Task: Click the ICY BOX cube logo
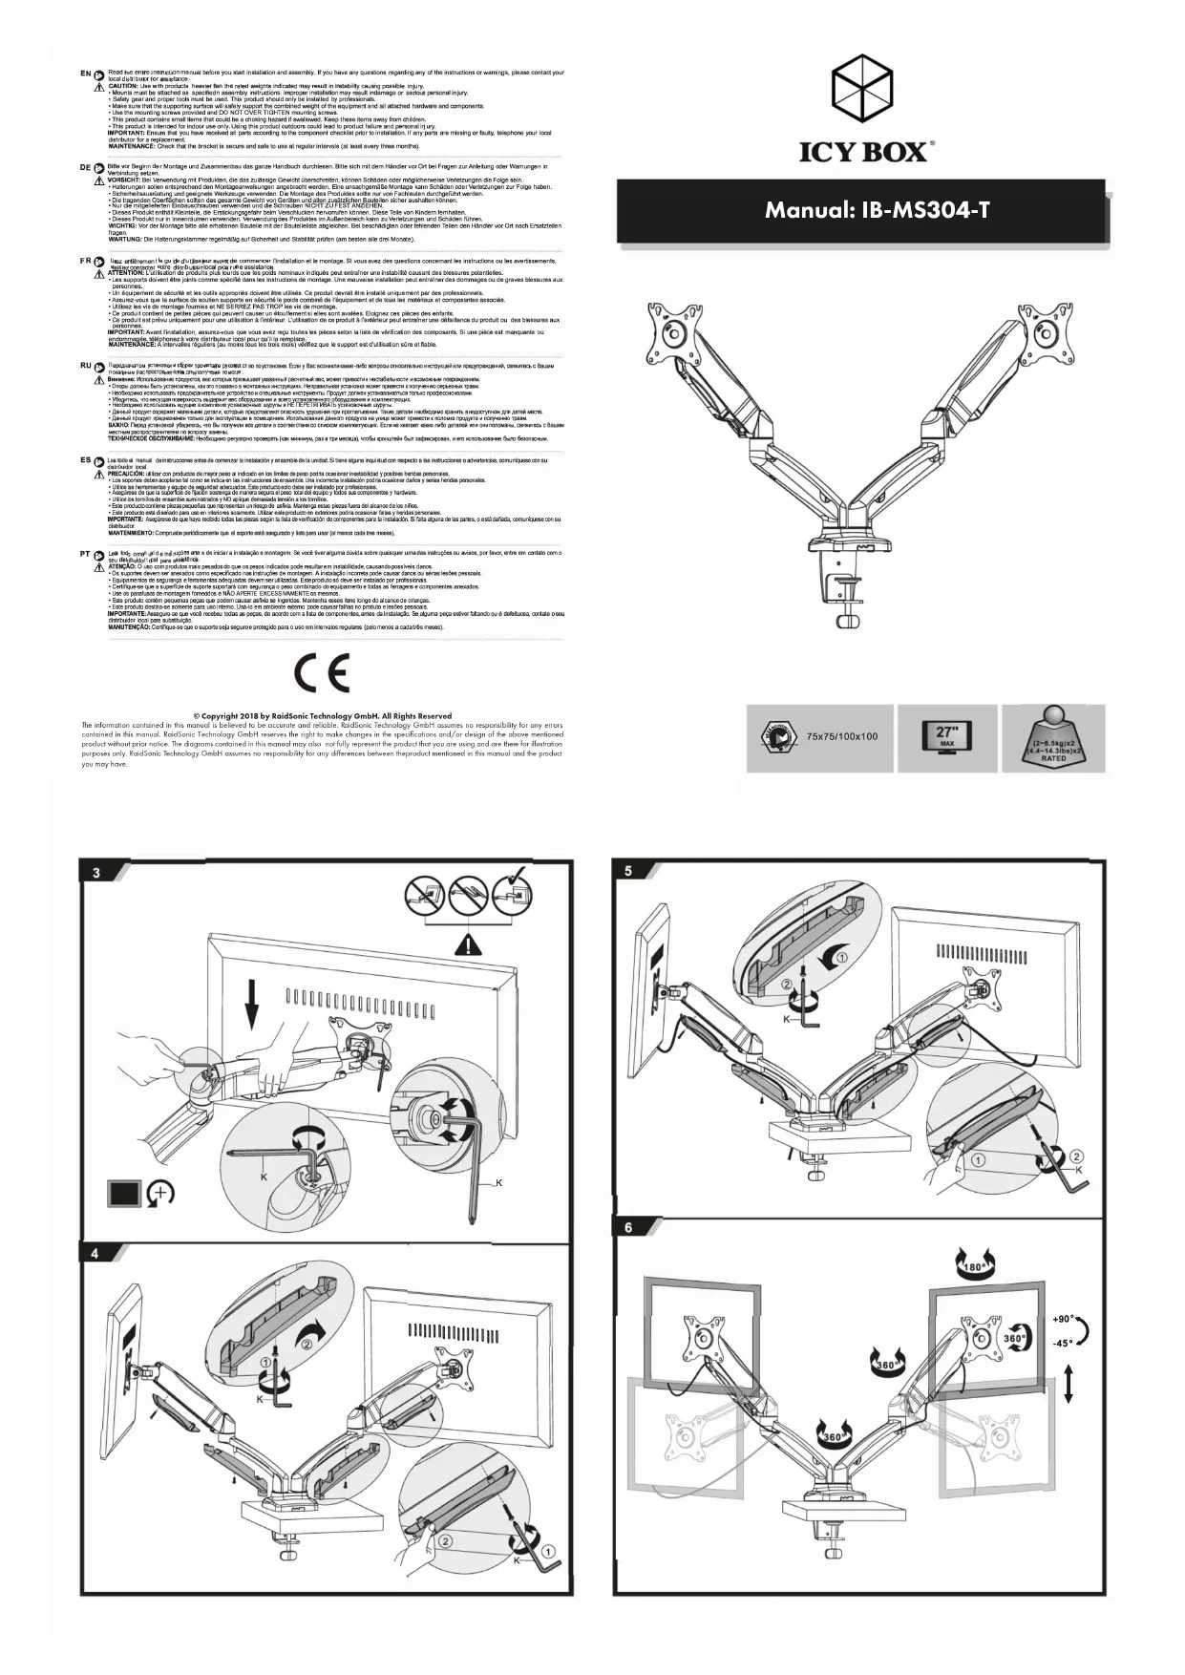(864, 83)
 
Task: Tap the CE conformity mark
(322, 673)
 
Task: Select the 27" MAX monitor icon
(946, 737)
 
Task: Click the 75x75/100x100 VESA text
(841, 737)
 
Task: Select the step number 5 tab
(628, 871)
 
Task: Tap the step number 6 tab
(628, 1228)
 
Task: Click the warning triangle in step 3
(468, 945)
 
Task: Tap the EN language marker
(85, 74)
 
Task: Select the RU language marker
(85, 366)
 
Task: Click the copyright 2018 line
(322, 715)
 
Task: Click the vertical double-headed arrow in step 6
(1068, 1383)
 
